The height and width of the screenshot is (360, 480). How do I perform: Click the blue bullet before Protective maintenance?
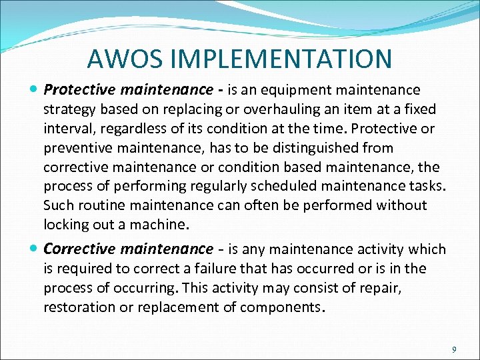coord(34,89)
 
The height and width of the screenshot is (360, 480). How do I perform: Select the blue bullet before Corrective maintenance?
coord(34,249)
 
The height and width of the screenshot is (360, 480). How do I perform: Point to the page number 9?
coord(454,349)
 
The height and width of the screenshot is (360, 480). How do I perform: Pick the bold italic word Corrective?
coord(81,249)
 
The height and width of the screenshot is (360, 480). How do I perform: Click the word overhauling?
coord(267,109)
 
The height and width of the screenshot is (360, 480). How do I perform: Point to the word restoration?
coord(82,307)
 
